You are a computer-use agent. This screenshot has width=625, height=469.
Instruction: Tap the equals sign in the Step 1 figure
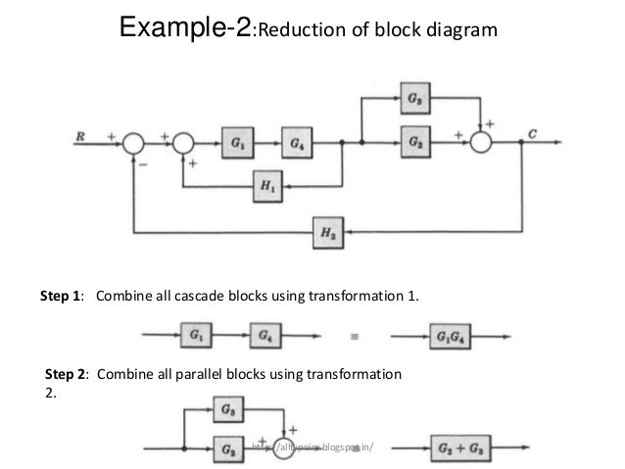[x=353, y=337]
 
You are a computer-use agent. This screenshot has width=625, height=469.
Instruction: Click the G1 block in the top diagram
[x=238, y=142]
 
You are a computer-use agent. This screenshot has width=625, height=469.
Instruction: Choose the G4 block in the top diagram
[x=296, y=142]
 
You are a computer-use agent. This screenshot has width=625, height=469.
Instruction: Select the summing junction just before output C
[x=482, y=143]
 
